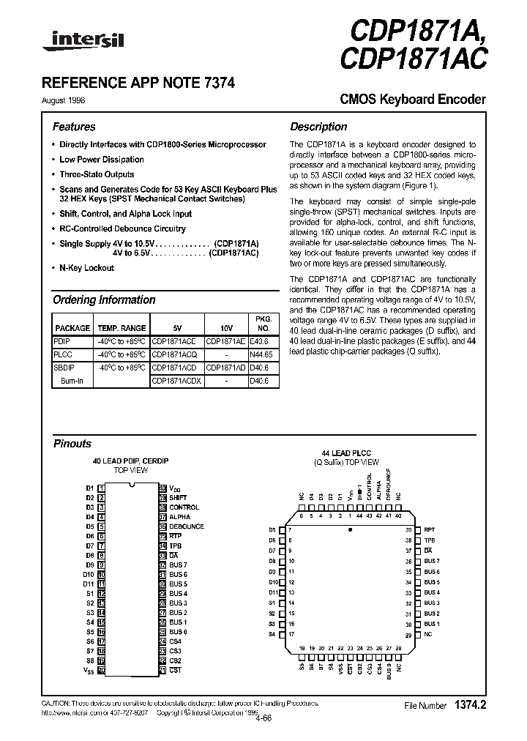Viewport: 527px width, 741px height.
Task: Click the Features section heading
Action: click(x=74, y=127)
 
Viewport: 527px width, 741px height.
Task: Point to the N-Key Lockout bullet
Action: click(x=86, y=268)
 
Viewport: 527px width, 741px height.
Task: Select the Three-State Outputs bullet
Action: click(x=97, y=174)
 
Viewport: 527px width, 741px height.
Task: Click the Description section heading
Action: click(x=318, y=127)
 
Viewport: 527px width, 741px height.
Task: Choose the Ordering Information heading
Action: click(x=104, y=299)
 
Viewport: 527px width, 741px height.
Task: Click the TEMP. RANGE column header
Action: click(x=122, y=328)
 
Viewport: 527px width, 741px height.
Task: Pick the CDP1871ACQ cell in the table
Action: click(x=175, y=353)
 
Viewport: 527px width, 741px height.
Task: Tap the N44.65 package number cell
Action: click(x=262, y=353)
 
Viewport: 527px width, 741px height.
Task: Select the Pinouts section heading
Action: click(x=72, y=444)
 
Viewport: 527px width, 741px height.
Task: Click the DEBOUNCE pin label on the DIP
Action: click(x=187, y=526)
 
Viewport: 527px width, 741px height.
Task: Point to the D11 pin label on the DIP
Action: click(x=90, y=584)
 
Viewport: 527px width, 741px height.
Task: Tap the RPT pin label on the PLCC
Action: click(x=430, y=529)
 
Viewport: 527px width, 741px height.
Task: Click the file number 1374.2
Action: click(x=471, y=705)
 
